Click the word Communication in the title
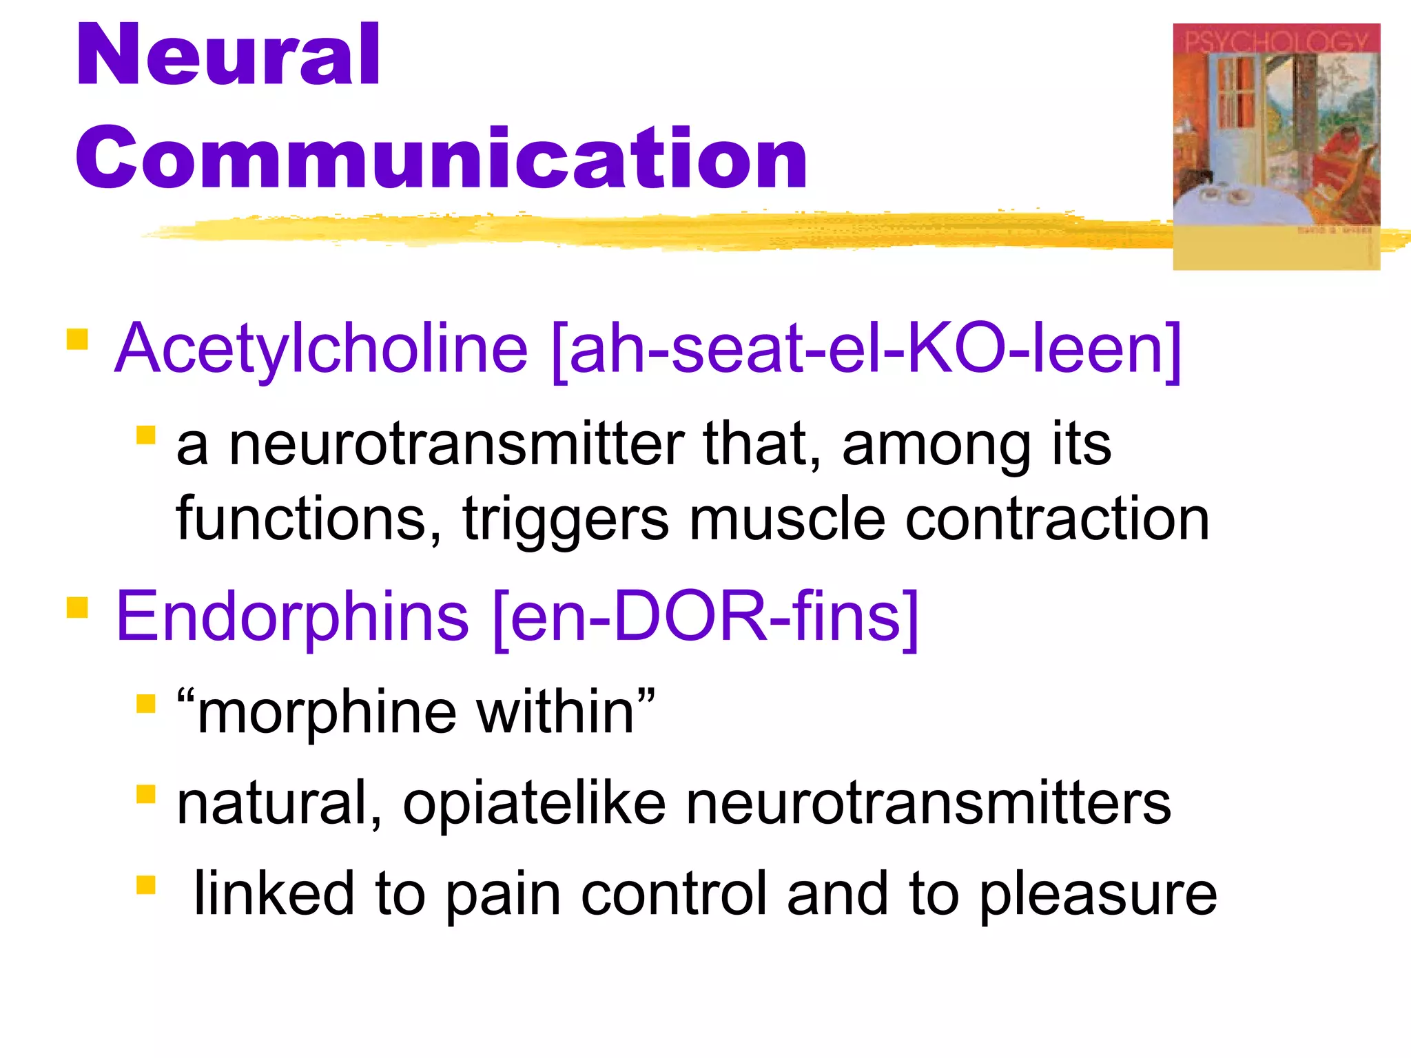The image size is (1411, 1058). click(x=441, y=158)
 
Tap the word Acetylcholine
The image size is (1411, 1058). click(x=321, y=349)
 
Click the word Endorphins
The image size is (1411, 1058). click(x=293, y=616)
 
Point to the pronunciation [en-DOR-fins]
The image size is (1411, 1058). click(x=706, y=616)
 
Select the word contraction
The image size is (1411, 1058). click(x=1058, y=519)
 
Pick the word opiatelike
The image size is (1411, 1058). click(x=534, y=803)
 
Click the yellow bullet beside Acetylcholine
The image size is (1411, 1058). click(x=77, y=340)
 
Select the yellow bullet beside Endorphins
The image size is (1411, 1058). click(x=77, y=608)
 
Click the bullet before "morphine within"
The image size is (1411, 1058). click(x=146, y=704)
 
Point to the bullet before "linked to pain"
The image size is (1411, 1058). click(x=146, y=885)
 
